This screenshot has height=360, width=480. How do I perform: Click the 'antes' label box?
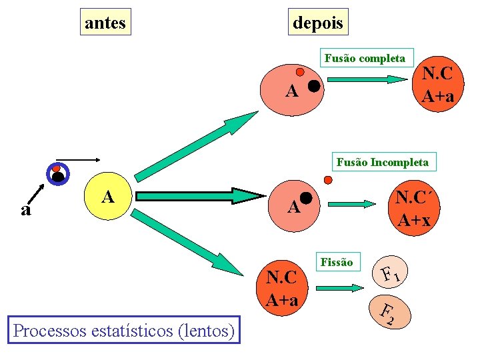point(105,23)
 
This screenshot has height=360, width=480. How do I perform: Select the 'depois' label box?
point(318,23)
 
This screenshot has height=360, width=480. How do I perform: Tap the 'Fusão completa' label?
point(365,58)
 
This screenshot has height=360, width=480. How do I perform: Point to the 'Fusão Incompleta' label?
point(383,162)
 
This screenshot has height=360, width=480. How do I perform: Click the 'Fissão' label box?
point(337,262)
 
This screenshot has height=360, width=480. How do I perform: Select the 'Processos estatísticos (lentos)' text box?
point(124,330)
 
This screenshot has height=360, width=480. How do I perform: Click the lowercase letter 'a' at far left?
point(25,210)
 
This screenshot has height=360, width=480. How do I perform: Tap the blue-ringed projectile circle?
point(58,175)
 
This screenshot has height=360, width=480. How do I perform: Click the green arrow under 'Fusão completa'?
point(368,79)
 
